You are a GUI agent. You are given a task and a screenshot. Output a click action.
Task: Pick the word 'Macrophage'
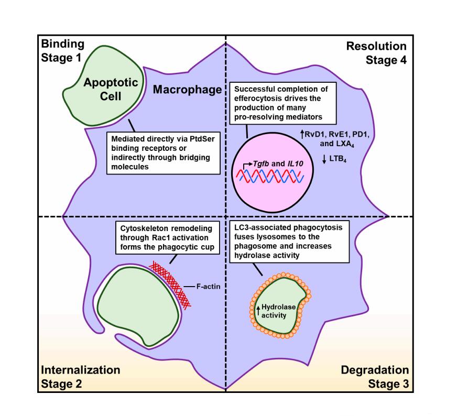[188, 90]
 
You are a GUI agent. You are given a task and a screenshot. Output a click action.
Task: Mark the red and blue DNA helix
[274, 179]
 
